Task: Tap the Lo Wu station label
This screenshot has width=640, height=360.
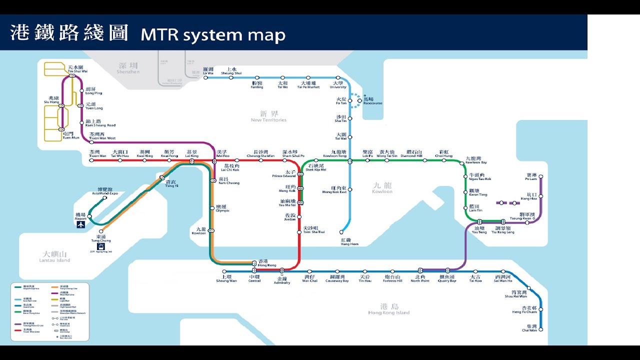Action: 208,71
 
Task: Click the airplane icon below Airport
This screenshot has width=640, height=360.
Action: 80,224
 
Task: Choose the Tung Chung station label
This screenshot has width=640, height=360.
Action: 101,238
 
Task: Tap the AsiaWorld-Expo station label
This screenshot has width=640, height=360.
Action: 105,191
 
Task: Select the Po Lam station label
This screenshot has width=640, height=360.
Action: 531,177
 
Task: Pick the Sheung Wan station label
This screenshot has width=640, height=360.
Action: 226,278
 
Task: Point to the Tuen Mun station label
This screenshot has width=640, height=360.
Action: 68,135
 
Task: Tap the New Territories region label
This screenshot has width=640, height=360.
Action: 268,116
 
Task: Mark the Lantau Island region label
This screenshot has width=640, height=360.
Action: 55,256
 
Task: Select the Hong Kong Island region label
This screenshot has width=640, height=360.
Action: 388,309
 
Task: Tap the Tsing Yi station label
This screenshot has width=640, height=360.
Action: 171,183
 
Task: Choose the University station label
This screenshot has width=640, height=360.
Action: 338,85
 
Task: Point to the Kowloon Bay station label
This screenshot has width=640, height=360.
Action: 476,160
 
